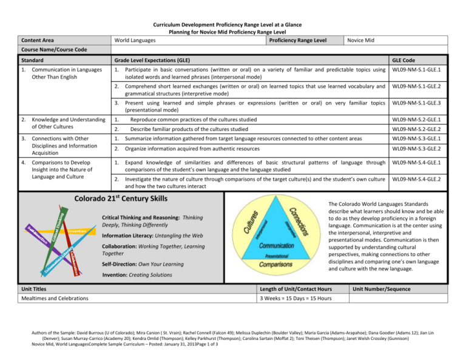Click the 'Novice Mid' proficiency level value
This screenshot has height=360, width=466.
coord(360,40)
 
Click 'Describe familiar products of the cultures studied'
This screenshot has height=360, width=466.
coord(189,129)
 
